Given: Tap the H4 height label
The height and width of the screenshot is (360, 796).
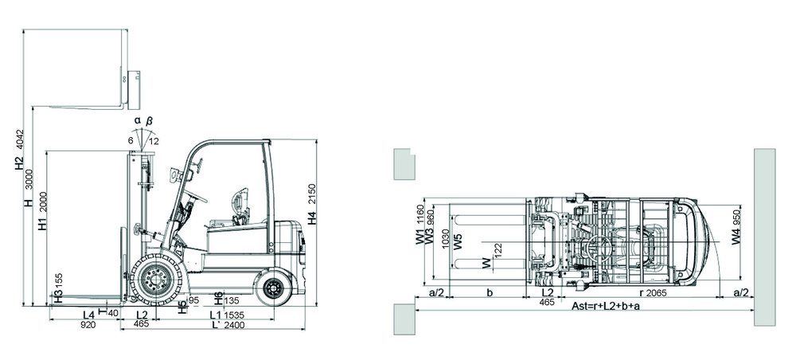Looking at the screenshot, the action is (312, 217).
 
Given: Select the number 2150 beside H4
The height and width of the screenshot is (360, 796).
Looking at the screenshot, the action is (312, 194).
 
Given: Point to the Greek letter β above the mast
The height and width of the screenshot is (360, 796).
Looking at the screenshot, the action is (150, 121).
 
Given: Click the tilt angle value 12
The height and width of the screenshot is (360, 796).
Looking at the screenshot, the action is (154, 141).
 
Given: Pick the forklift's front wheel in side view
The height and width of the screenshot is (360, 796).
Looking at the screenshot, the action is (156, 280).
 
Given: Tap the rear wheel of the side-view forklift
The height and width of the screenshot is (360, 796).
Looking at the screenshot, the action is (274, 288).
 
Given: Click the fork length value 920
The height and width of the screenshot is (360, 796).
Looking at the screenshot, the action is (88, 325).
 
